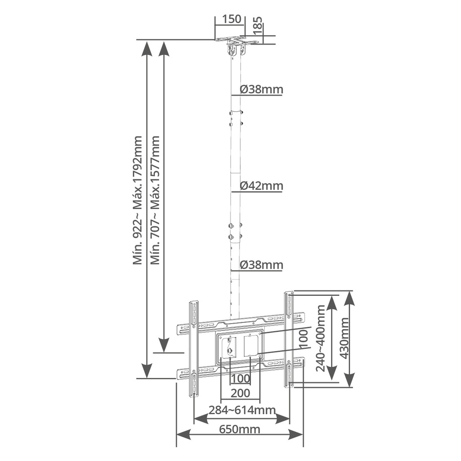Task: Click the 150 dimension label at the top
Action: [229, 20]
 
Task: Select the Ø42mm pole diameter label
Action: [261, 185]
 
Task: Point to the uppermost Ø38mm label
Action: [261, 89]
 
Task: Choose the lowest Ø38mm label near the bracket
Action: [261, 265]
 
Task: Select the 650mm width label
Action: [240, 429]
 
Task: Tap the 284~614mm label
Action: [242, 410]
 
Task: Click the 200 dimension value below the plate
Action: [240, 393]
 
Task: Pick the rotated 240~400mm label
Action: [321, 338]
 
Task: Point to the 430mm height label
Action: [344, 338]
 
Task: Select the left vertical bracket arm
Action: [194, 348]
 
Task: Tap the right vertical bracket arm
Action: [289, 339]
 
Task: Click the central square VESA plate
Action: [240, 346]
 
